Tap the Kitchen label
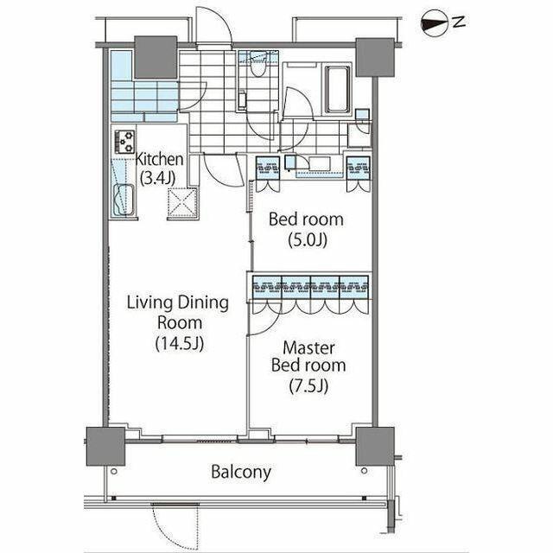click(159, 159)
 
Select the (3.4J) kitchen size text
click(157, 178)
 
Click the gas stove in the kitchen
click(124, 142)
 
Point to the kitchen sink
click(124, 200)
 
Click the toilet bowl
click(257, 67)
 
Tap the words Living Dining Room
click(178, 313)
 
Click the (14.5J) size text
click(180, 343)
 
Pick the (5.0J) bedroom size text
click(308, 240)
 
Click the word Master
click(309, 348)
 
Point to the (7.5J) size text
click(308, 386)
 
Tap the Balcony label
click(241, 472)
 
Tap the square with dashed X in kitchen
click(182, 202)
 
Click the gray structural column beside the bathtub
click(375, 58)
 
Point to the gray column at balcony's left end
click(105, 447)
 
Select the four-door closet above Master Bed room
click(311, 293)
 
